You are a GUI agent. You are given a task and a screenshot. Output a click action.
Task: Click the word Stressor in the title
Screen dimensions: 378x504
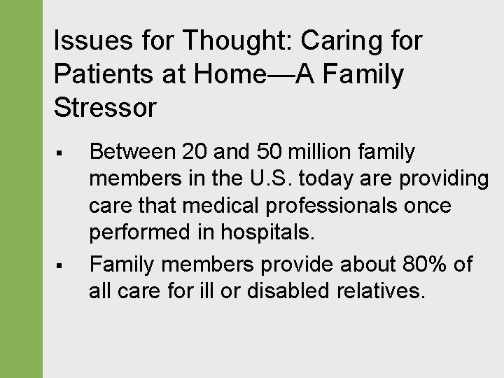(x=105, y=108)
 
